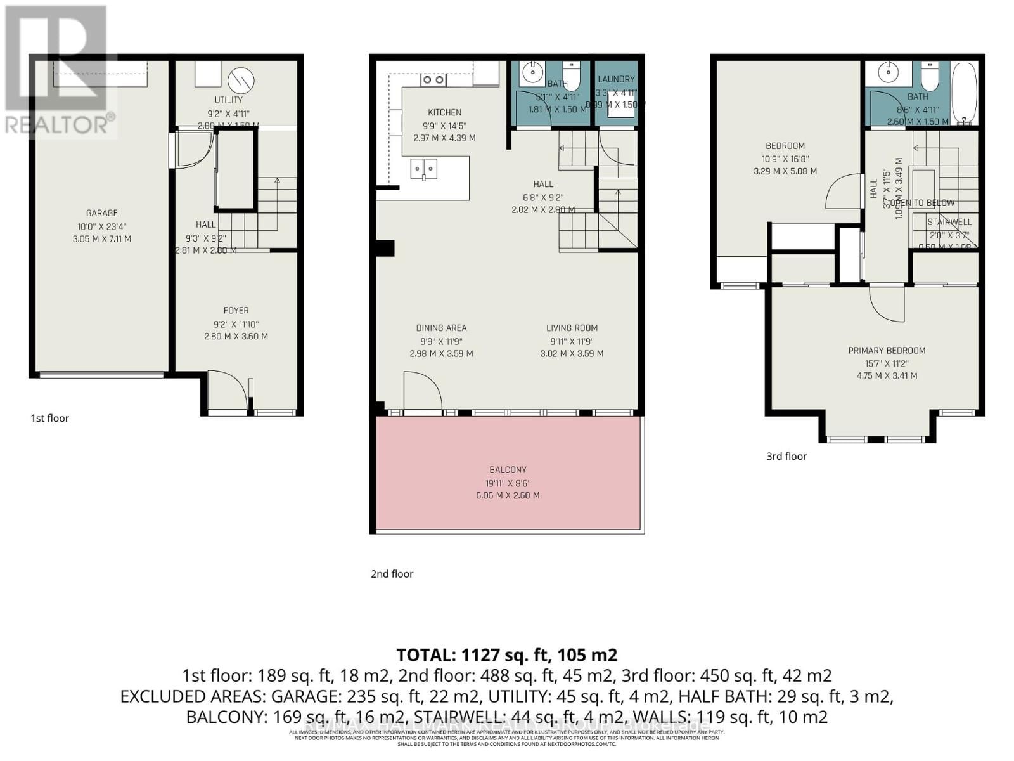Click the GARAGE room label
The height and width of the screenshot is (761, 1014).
point(102,213)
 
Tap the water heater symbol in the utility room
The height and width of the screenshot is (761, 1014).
point(241,80)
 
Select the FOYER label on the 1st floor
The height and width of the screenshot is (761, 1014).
point(236,310)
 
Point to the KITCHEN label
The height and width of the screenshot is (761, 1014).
point(444,112)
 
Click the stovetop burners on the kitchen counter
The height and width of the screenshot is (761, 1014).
point(433,80)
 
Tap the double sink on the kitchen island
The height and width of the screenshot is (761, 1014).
point(423,169)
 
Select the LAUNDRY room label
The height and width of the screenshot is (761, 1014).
point(616,79)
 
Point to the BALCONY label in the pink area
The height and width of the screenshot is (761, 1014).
point(508,470)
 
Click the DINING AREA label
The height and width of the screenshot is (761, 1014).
point(441,328)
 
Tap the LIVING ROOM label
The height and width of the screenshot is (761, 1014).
point(572,328)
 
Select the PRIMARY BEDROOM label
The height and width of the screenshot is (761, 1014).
point(887,351)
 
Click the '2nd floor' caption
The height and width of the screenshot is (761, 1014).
point(392,574)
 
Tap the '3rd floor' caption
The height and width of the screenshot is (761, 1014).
point(786,456)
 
